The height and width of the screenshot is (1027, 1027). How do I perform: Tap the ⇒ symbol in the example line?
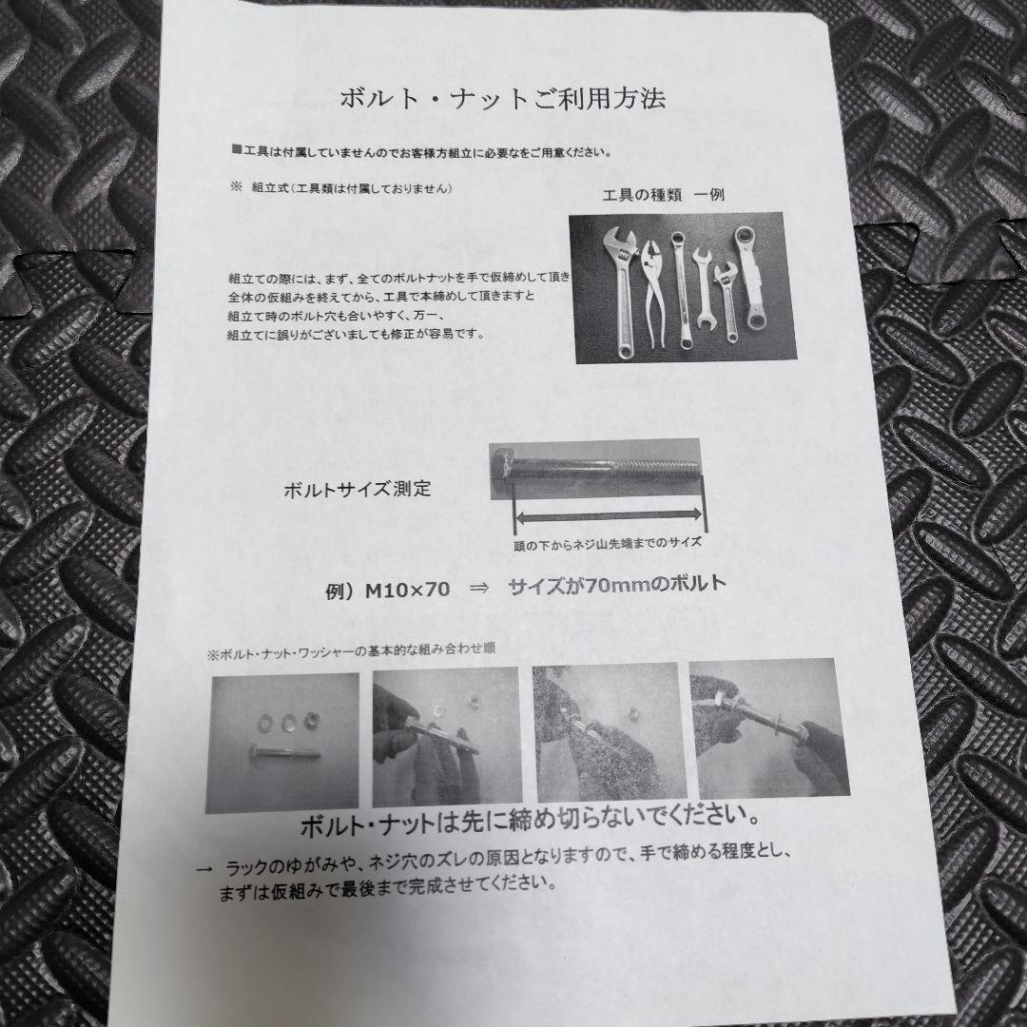click(x=479, y=589)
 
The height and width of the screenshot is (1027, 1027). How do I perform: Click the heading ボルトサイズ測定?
click(x=358, y=489)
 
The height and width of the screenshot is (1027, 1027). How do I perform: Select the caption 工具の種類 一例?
click(x=663, y=195)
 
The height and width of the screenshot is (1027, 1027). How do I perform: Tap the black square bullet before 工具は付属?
click(x=237, y=150)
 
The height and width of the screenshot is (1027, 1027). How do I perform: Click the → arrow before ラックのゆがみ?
click(x=204, y=870)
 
